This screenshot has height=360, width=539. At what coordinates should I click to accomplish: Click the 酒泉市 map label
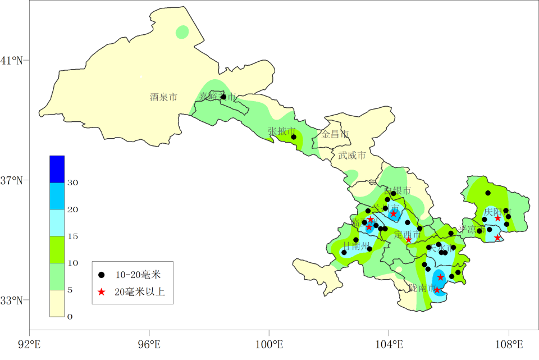(163, 97)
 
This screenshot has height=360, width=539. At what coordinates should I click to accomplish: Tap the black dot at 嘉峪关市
(223, 97)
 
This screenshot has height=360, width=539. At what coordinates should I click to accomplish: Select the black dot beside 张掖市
(293, 137)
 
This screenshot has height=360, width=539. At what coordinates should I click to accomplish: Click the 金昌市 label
(335, 135)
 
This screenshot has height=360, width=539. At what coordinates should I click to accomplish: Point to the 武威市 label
(352, 156)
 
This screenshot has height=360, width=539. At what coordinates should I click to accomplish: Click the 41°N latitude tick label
(12, 61)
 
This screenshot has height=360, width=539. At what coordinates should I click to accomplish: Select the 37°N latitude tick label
(12, 181)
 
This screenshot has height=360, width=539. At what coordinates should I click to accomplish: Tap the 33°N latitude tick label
(12, 300)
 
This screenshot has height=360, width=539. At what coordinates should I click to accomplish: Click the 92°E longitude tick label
(29, 343)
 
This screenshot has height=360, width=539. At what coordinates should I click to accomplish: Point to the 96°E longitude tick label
(149, 343)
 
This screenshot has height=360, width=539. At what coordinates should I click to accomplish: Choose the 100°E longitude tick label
(269, 343)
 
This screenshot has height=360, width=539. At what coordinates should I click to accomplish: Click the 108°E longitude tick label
(509, 343)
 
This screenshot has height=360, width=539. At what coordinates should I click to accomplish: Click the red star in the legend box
(101, 291)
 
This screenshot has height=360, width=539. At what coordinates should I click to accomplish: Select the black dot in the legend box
(101, 275)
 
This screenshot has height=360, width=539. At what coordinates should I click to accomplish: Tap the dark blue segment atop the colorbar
(57, 169)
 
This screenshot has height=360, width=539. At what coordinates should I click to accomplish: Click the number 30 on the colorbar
(73, 183)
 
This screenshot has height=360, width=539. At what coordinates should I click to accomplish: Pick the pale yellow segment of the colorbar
(57, 303)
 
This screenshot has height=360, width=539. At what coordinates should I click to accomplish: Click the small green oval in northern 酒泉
(182, 32)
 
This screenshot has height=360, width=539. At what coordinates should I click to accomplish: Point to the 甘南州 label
(357, 246)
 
